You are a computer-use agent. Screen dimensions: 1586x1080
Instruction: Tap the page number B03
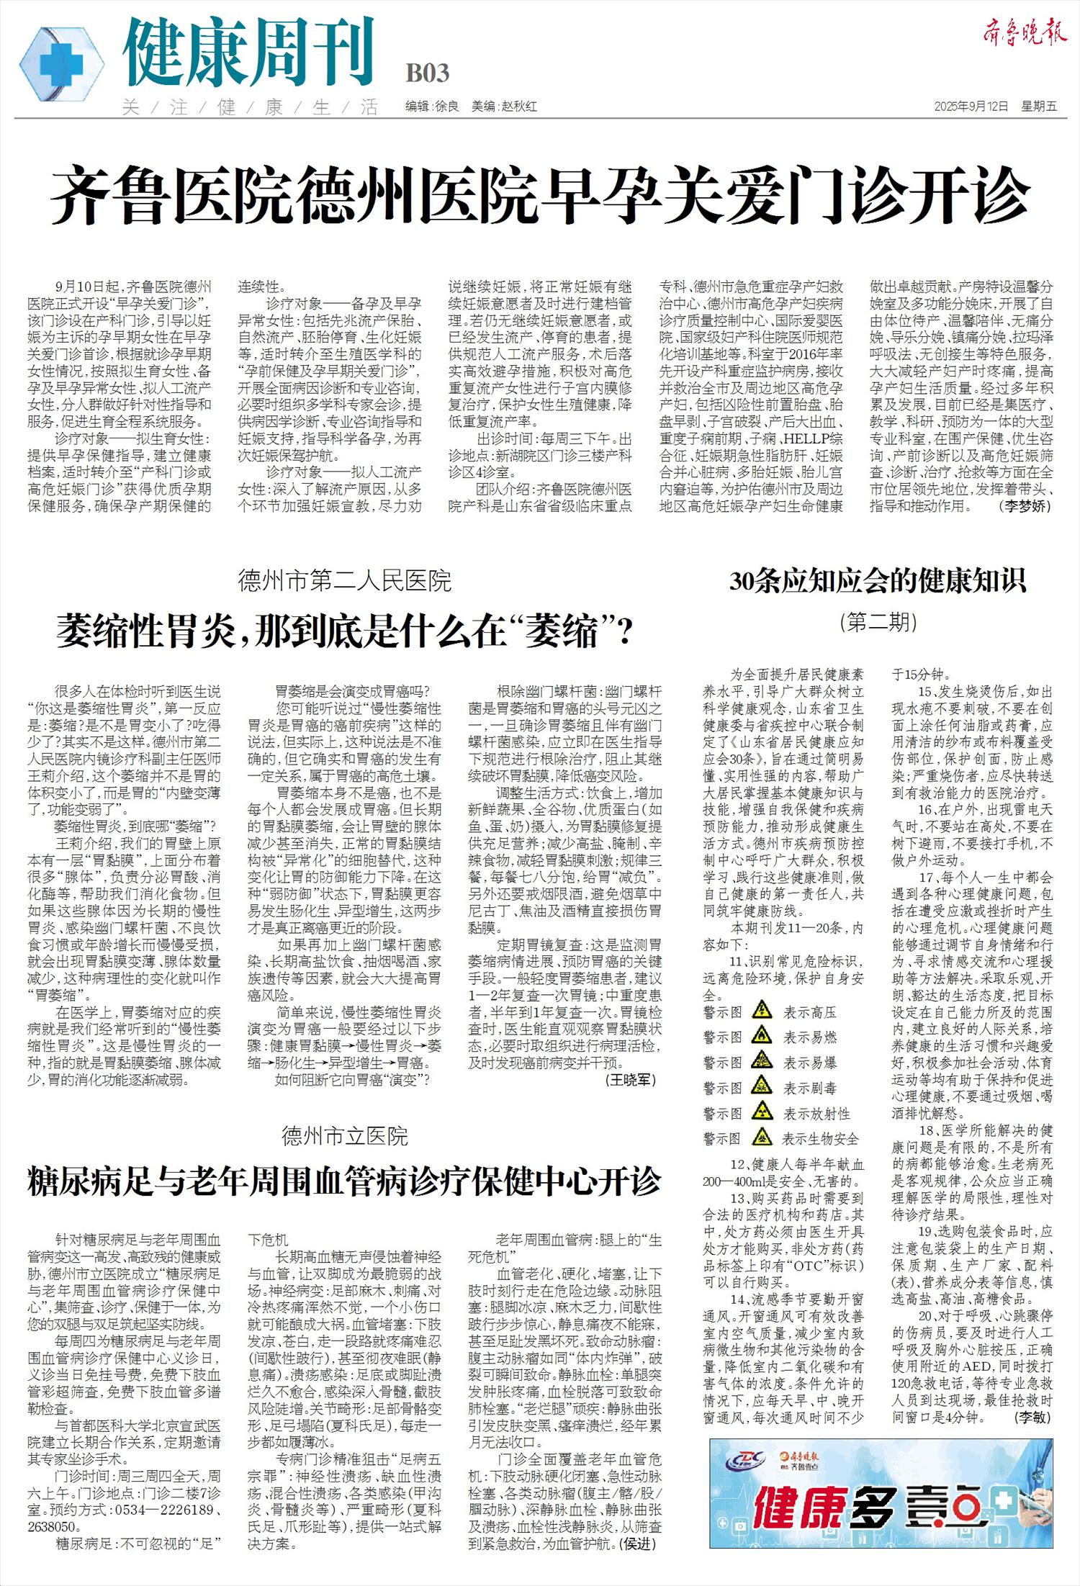click(427, 73)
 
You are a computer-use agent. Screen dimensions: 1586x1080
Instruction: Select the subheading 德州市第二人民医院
click(344, 580)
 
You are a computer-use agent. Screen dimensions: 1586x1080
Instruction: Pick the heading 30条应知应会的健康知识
click(878, 580)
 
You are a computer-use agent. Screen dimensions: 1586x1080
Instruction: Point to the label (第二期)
click(878, 621)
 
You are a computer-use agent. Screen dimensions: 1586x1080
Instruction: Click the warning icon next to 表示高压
click(761, 1011)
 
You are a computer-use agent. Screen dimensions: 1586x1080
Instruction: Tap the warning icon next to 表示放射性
click(761, 1113)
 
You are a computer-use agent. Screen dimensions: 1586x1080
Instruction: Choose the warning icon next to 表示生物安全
click(761, 1138)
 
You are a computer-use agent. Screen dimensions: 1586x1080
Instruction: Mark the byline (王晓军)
click(629, 1079)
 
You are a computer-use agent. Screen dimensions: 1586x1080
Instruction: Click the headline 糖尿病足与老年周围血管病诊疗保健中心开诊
click(344, 1182)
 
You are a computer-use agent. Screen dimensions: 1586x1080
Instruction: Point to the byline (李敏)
click(1032, 1418)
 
